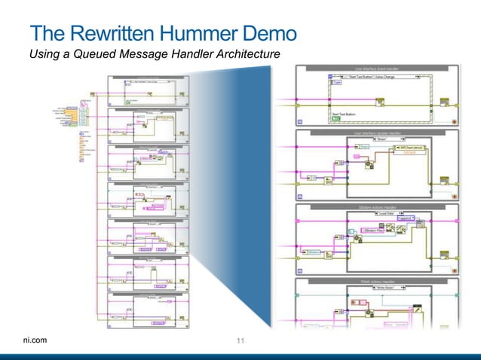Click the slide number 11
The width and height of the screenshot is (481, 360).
click(x=241, y=341)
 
